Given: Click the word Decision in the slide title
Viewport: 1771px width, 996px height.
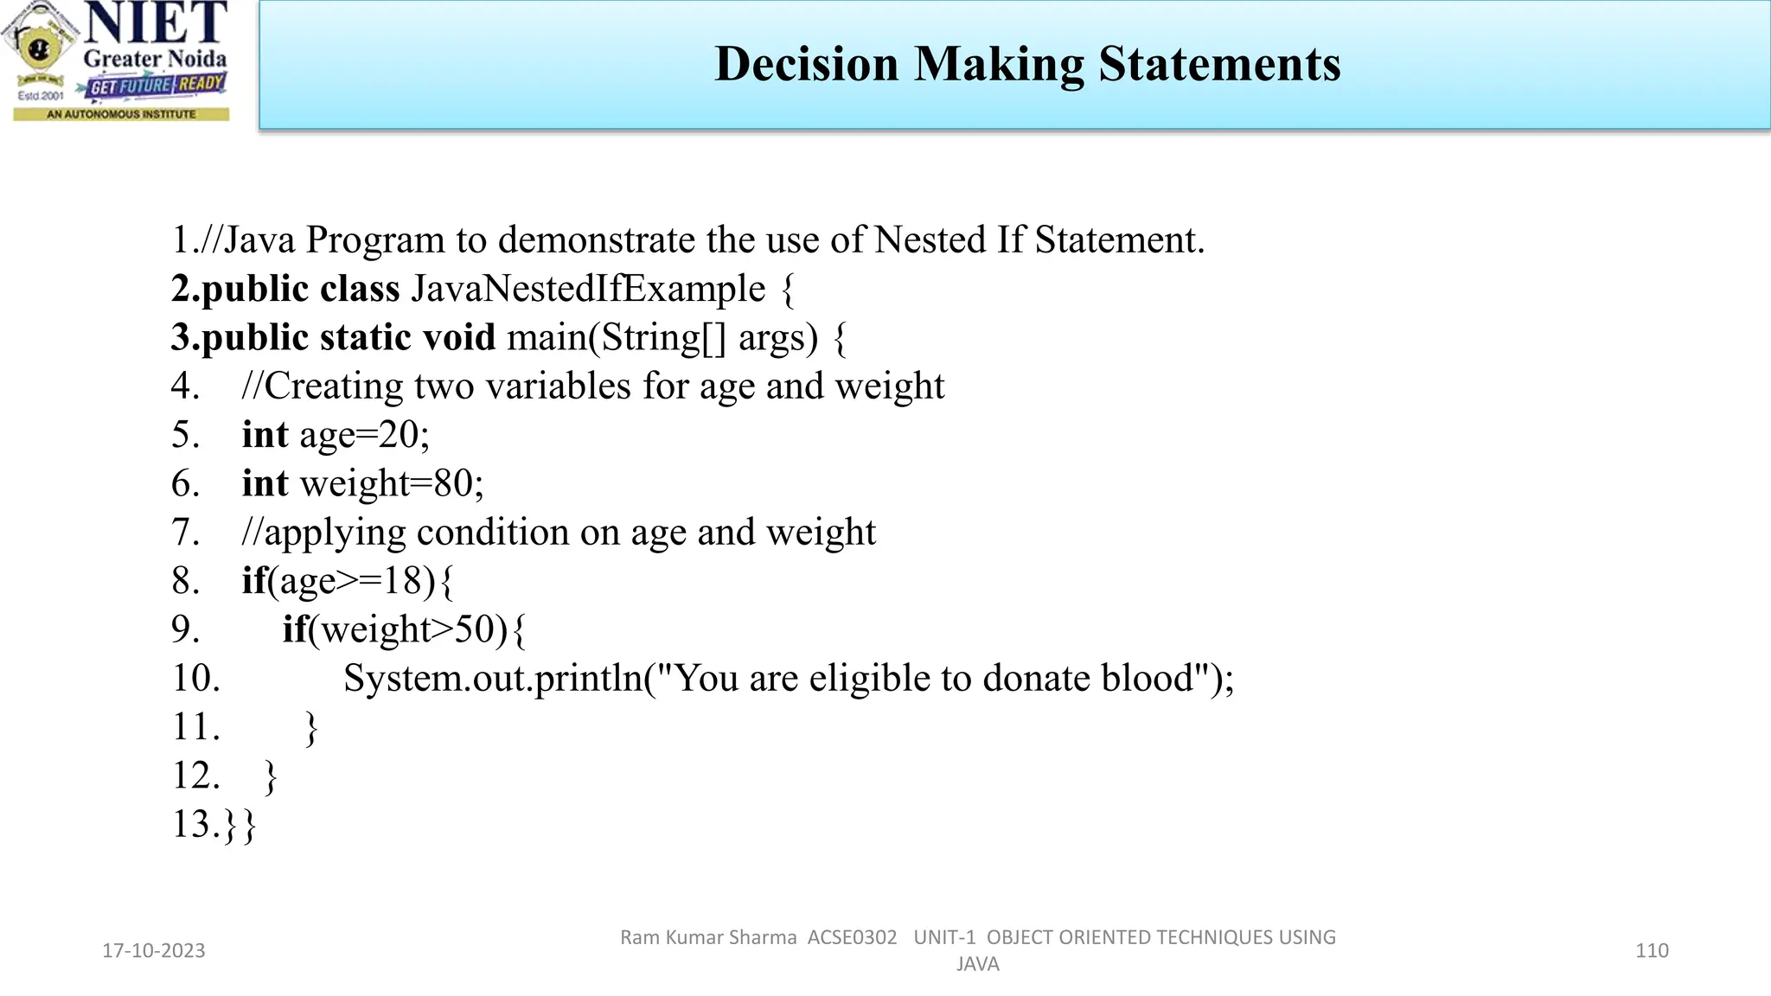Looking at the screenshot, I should [807, 64].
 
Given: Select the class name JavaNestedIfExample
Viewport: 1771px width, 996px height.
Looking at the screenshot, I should [588, 289].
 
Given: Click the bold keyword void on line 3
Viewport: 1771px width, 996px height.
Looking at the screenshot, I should [458, 337].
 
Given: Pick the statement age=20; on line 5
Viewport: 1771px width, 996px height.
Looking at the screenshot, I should [364, 435].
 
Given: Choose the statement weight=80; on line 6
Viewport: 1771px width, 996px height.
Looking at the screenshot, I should [392, 483].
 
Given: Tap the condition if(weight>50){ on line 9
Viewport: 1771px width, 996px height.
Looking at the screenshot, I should [404, 629].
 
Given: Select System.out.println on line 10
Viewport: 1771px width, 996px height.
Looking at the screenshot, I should [493, 679].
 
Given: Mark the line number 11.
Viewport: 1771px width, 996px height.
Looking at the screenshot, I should [196, 727].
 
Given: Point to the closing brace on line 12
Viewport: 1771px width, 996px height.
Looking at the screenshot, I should [271, 776].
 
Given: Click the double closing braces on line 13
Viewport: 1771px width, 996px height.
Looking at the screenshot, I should [240, 825].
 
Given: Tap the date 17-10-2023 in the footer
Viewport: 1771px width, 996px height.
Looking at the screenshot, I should [154, 951].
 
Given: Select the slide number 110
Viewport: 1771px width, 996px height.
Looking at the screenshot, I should [1652, 951].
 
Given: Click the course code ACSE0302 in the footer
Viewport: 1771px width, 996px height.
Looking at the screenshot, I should [852, 938].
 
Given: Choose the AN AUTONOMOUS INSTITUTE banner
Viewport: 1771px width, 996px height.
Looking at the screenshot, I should [121, 114].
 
